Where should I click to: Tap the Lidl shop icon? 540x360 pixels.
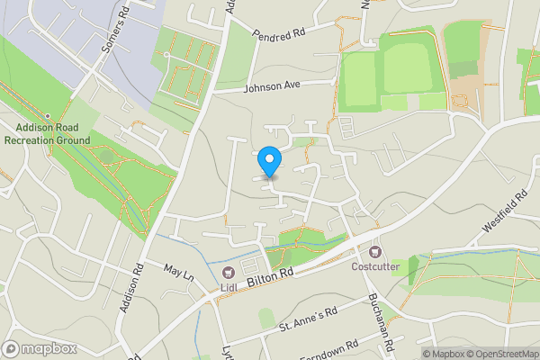228,273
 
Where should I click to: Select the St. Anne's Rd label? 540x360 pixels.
308,317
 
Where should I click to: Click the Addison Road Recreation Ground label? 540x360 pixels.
47,134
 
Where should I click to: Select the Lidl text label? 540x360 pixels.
228,288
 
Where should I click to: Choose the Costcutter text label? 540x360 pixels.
374,265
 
